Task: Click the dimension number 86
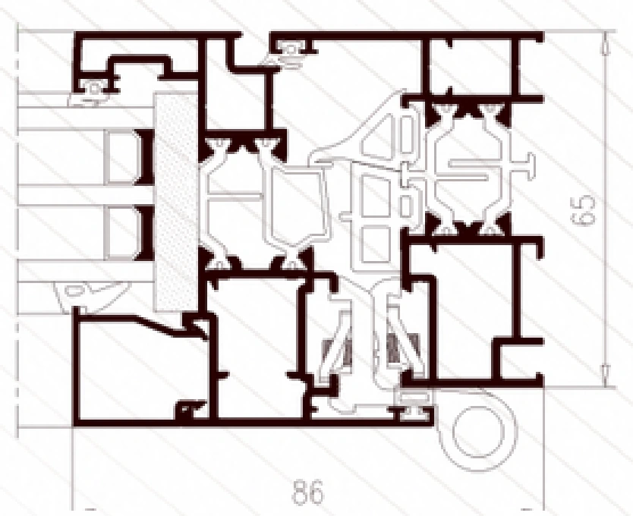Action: (x=307, y=492)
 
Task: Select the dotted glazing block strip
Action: (x=176, y=202)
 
